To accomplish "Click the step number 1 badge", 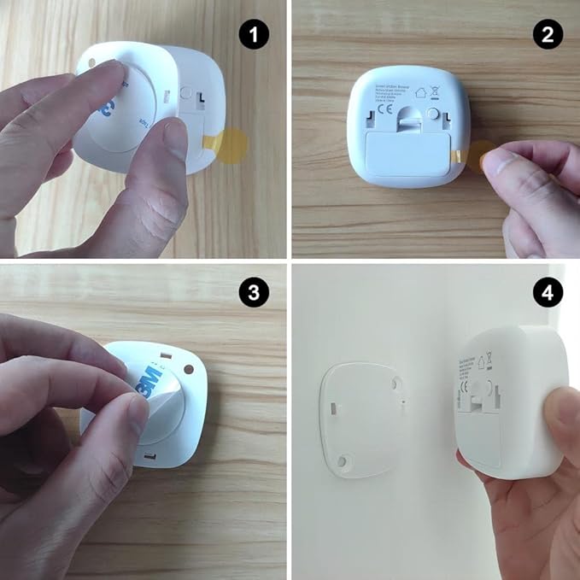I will (x=254, y=35).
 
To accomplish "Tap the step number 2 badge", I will (x=547, y=35).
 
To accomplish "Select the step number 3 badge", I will (x=254, y=293).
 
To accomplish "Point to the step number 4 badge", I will (x=547, y=293).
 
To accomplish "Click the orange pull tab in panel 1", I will (x=230, y=145).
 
